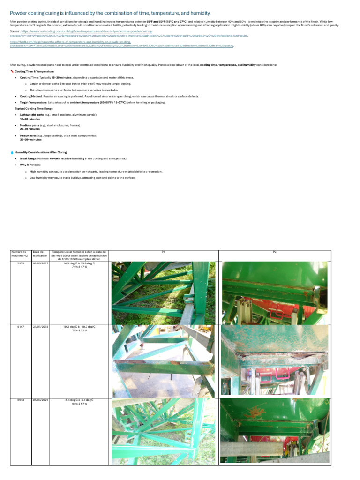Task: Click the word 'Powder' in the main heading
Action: tap(19, 12)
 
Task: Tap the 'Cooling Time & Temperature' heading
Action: tap(34, 71)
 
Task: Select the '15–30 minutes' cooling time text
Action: tap(61, 77)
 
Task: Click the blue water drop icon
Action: tap(12, 152)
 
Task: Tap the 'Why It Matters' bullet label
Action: tap(30, 165)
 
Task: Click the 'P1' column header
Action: tap(163, 252)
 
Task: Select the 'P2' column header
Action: tap(275, 252)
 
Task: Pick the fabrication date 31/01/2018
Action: tap(40, 326)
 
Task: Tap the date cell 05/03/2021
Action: tap(40, 400)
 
